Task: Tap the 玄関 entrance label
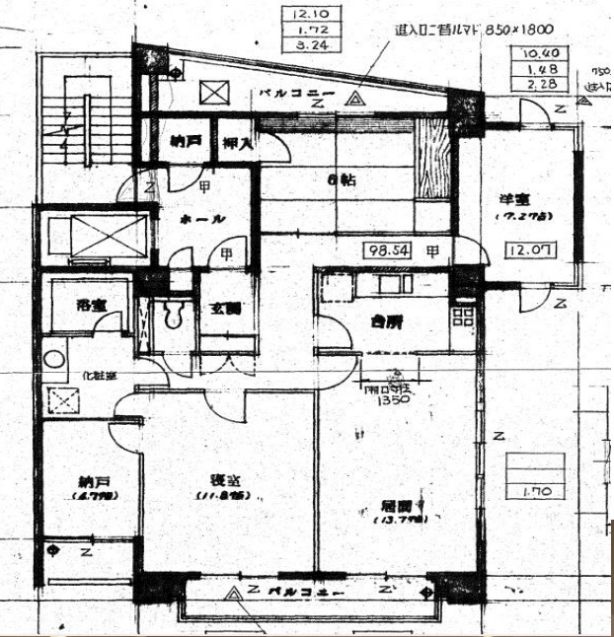click(x=223, y=307)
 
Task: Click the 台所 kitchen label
click(x=386, y=321)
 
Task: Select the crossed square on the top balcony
click(x=214, y=94)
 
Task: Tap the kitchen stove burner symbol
click(x=462, y=318)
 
